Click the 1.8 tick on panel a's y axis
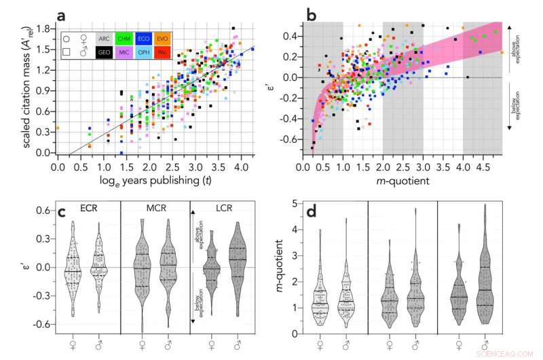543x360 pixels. tap(45, 29)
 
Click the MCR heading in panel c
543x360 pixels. tap(153, 211)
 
